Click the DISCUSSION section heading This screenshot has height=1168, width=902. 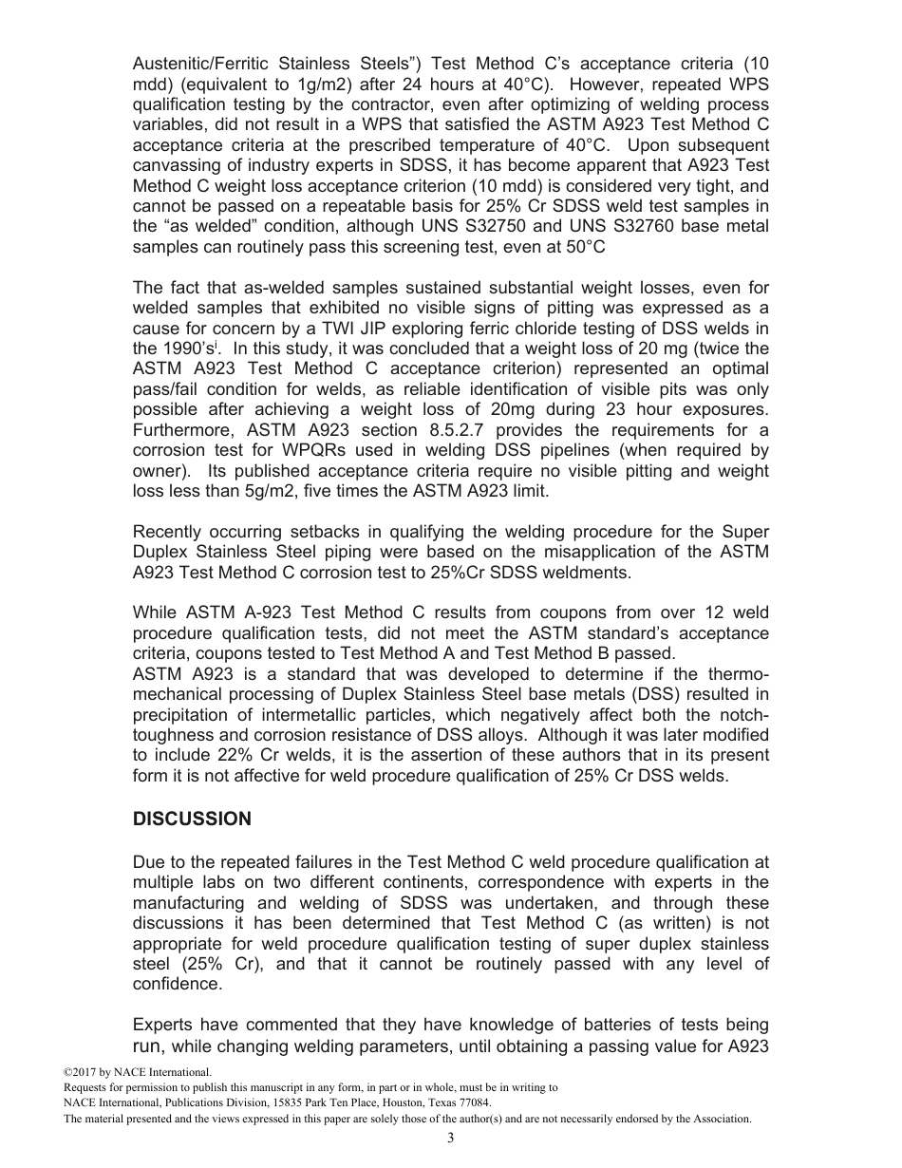192,819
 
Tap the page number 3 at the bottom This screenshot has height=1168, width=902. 451,1139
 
